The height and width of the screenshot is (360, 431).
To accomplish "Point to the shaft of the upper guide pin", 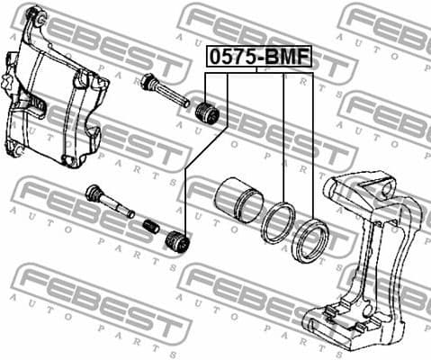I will [x=173, y=96].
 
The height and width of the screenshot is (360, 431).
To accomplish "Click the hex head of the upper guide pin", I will [x=148, y=84].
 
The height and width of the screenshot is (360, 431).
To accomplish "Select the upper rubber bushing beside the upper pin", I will [x=209, y=114].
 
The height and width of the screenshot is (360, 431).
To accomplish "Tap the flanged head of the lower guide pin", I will [x=94, y=193].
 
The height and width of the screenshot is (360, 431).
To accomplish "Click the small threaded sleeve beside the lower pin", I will [x=151, y=224].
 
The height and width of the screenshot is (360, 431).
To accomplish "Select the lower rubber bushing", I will [x=176, y=241].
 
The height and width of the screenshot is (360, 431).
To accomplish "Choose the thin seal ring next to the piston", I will [x=278, y=223].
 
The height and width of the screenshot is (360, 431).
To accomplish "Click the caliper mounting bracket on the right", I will [x=369, y=252].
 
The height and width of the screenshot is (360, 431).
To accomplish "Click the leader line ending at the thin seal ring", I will [x=283, y=135].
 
